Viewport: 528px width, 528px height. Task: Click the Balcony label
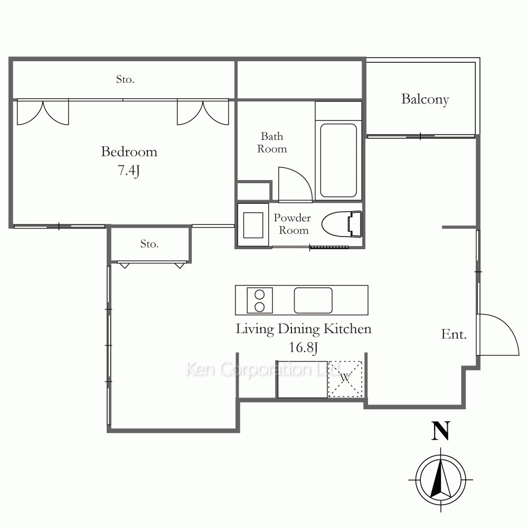425,99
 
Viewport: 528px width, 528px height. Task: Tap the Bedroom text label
129,152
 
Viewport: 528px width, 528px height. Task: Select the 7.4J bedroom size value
129,171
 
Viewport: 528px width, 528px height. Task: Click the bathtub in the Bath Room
338,161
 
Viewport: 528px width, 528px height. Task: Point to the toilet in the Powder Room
342,223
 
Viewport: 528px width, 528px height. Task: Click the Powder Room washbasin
253,225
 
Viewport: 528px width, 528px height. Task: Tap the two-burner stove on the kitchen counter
260,300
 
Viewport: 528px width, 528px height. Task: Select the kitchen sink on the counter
313,300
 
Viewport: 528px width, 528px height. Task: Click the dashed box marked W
345,379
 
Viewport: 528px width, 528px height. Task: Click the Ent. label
454,334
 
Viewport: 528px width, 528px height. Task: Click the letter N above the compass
440,431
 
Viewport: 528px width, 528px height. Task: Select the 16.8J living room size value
303,347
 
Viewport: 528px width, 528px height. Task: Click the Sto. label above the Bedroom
125,80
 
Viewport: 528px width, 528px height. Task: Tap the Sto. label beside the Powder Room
149,244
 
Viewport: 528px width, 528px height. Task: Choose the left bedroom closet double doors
43,112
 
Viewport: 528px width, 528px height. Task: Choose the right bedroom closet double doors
203,112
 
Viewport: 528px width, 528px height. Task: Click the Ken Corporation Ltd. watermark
262,370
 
